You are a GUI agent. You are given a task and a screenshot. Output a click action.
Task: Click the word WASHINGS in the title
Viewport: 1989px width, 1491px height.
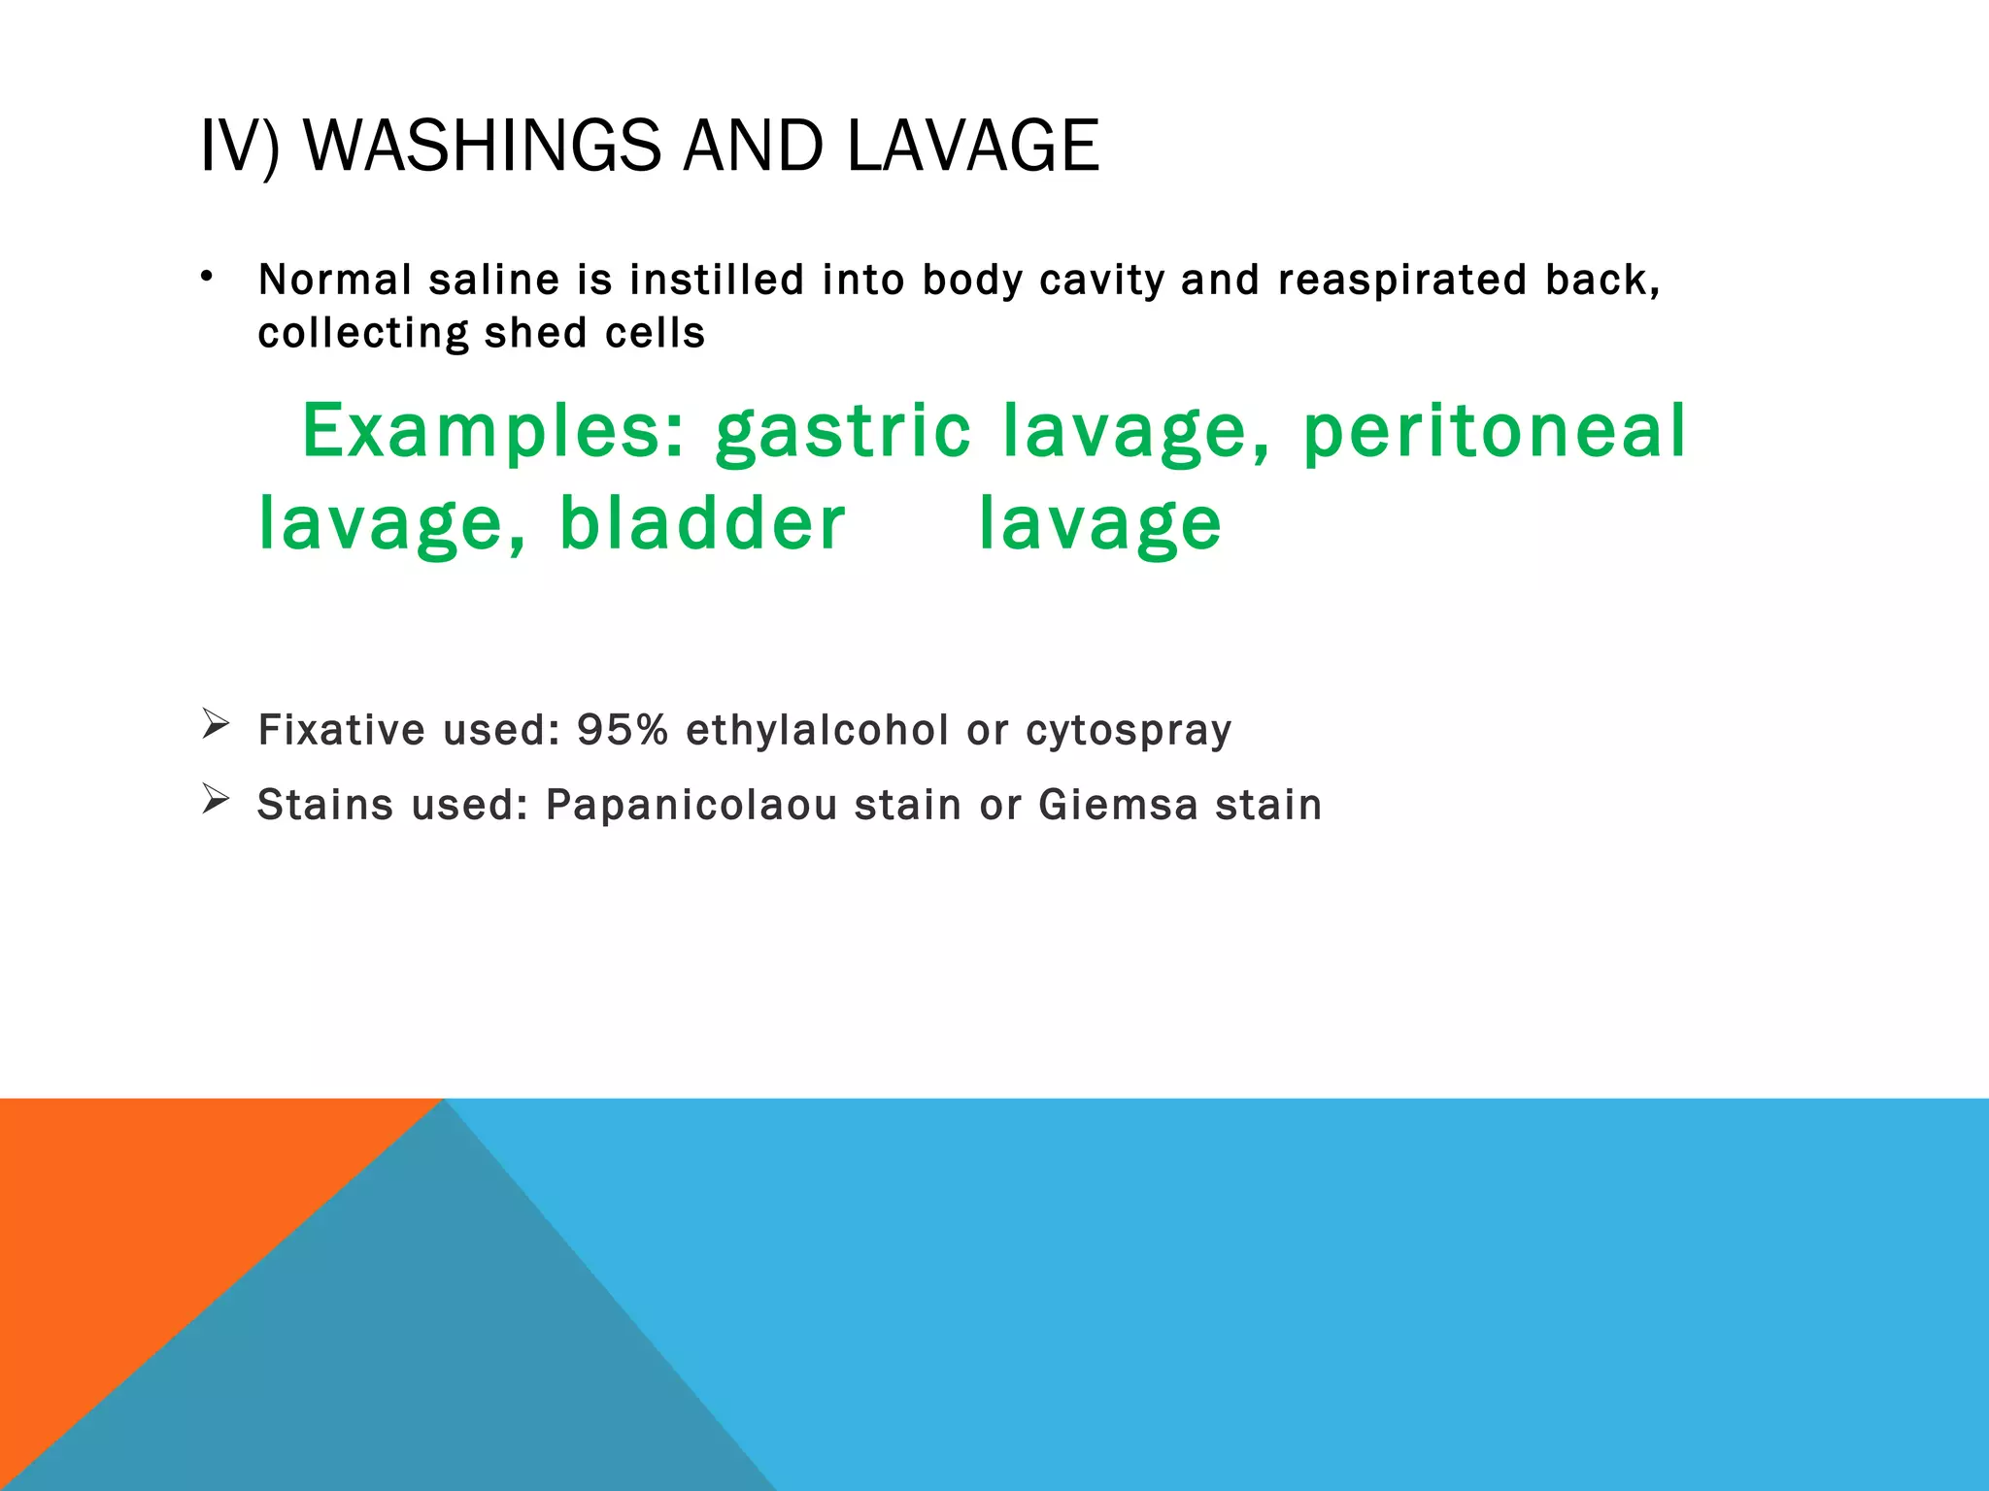tap(482, 147)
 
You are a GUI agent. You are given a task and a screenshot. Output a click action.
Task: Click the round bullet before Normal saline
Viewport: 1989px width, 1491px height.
tap(206, 278)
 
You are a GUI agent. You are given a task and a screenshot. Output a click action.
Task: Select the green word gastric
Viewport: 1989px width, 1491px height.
tap(843, 432)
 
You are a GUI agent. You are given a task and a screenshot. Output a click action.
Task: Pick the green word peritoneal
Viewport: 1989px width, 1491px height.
tap(1494, 432)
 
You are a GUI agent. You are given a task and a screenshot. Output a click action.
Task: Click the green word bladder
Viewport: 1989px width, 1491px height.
tap(702, 524)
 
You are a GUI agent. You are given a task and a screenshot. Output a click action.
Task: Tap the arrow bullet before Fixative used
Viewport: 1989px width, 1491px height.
tap(215, 724)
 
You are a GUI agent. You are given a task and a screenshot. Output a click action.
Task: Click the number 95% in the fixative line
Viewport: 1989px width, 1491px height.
tap(623, 730)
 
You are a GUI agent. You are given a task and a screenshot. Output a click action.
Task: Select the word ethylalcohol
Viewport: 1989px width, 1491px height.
tap(817, 730)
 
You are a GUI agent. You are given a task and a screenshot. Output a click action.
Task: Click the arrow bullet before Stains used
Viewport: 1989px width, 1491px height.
tap(215, 799)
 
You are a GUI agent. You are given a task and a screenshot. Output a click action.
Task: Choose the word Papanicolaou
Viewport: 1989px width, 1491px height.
tap(691, 806)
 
